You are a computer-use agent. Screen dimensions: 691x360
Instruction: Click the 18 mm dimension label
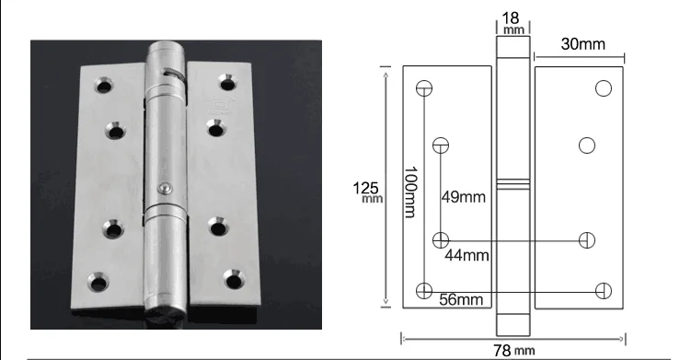point(513,22)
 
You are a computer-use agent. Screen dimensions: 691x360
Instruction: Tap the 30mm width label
point(583,44)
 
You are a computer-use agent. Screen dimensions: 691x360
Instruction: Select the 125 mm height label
point(367,192)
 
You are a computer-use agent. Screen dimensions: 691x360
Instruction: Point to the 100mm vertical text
point(410,192)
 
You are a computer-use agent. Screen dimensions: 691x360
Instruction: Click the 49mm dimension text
point(464,197)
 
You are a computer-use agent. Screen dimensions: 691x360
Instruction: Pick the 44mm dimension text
point(466,255)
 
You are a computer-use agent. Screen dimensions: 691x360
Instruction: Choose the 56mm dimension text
point(461,299)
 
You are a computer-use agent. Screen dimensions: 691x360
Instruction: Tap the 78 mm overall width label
point(513,351)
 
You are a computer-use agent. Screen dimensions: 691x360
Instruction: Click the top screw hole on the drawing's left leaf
point(424,88)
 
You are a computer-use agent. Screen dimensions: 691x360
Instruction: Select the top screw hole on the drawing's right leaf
point(604,88)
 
